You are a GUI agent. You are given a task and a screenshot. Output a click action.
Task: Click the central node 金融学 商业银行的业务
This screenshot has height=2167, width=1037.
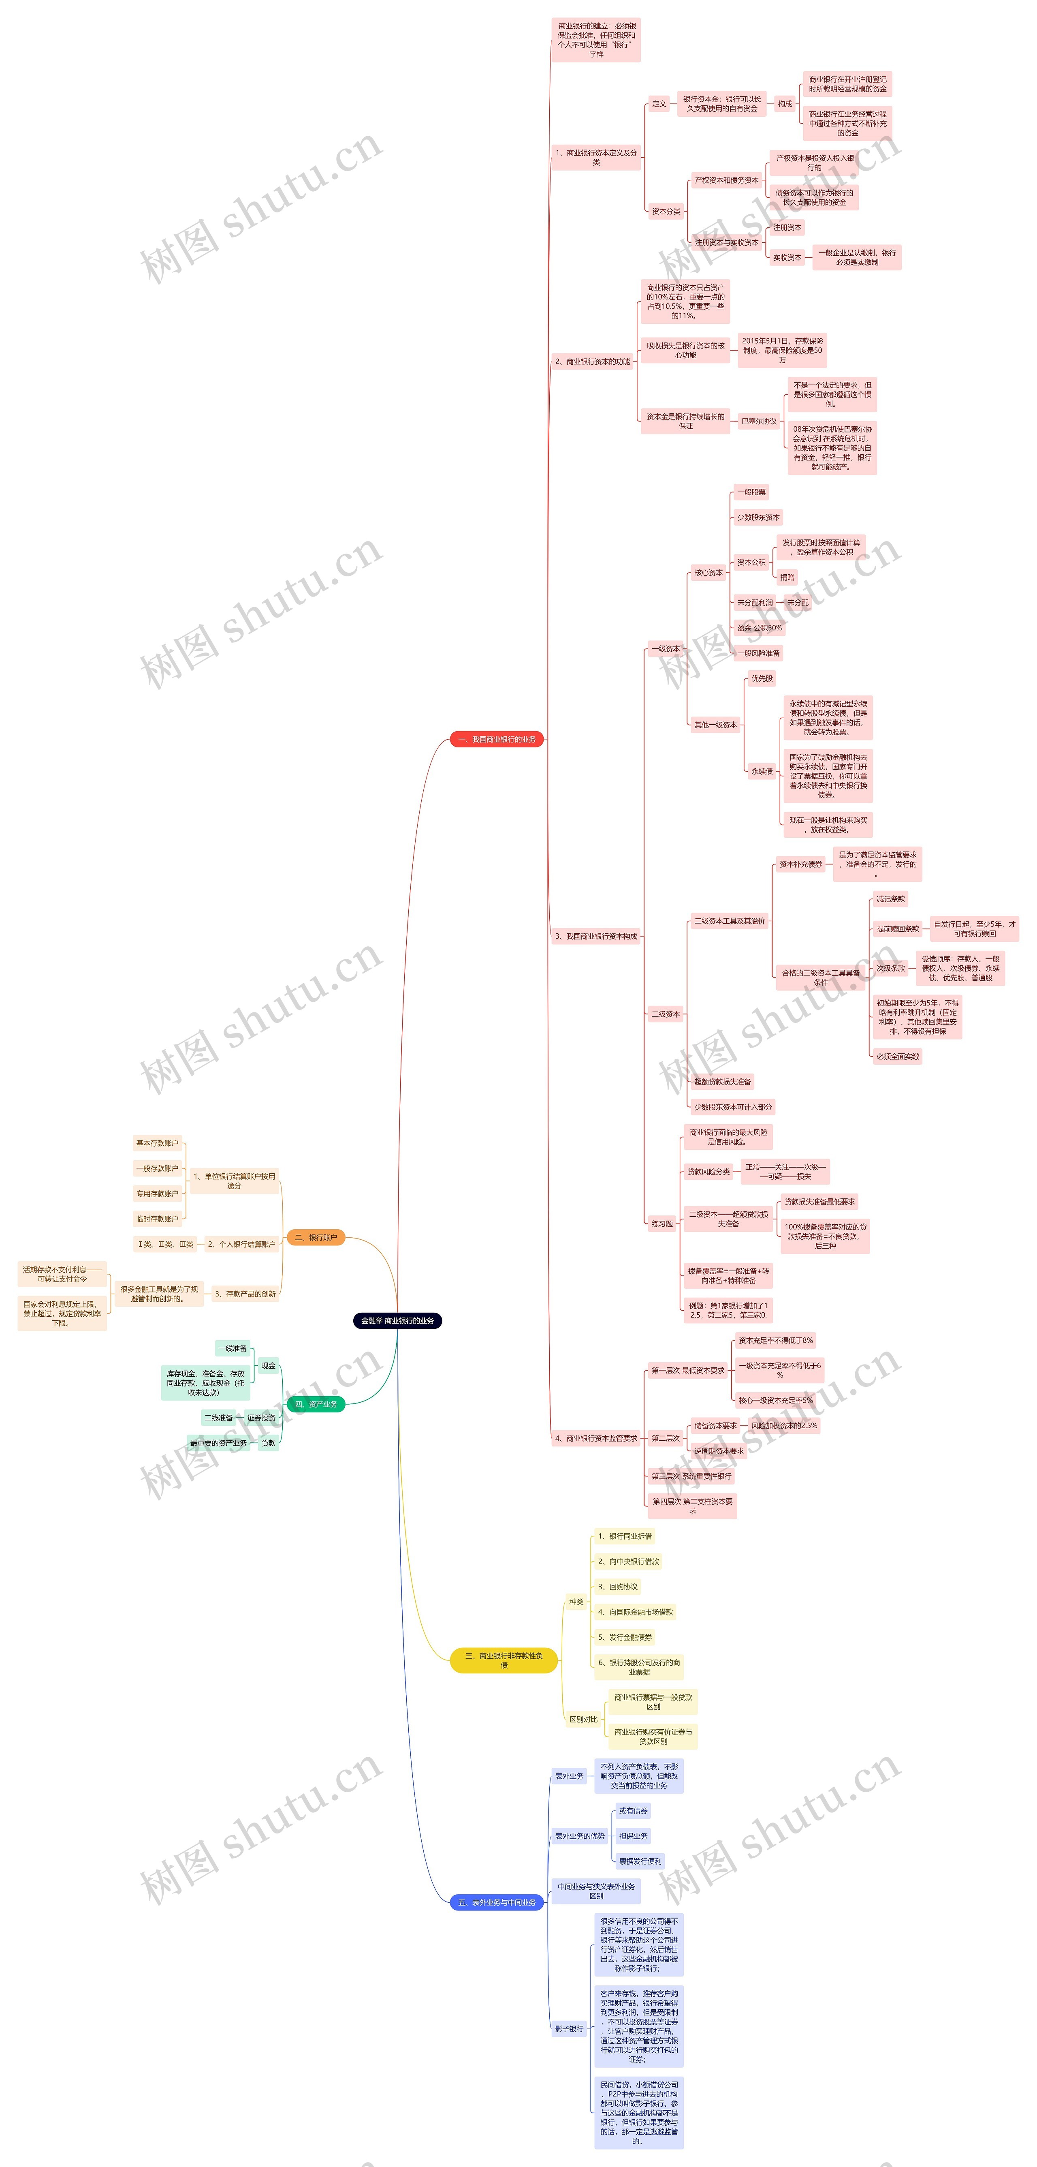click(x=397, y=1321)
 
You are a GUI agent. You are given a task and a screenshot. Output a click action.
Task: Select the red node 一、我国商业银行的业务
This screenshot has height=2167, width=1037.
click(x=496, y=740)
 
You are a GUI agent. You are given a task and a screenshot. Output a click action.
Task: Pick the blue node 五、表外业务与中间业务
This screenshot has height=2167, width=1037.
click(x=496, y=1902)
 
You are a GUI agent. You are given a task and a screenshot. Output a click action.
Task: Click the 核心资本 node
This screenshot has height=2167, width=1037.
click(x=708, y=573)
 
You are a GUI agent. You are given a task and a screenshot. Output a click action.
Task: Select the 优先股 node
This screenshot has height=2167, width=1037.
click(x=762, y=678)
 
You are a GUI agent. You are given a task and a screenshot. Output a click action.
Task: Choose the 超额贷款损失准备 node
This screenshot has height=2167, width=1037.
click(x=721, y=1082)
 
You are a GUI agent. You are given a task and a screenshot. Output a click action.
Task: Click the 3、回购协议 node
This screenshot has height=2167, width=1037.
click(x=617, y=1587)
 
